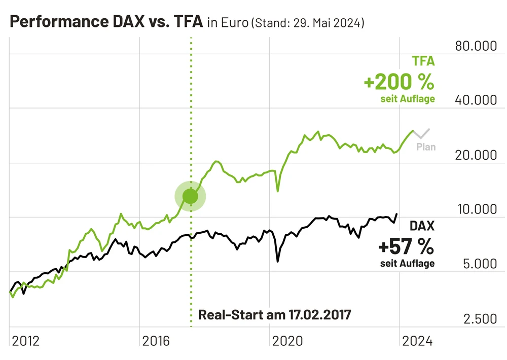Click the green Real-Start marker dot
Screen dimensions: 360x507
pyautogui.click(x=190, y=196)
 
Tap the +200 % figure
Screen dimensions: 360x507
pyautogui.click(x=399, y=81)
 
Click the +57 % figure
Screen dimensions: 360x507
pyautogui.click(x=406, y=247)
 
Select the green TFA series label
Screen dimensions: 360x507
pyautogui.click(x=423, y=62)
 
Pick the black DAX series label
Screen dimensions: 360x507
pyautogui.click(x=422, y=226)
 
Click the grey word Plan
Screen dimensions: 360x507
pyautogui.click(x=426, y=147)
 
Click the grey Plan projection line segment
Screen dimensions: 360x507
pyautogui.click(x=422, y=134)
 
